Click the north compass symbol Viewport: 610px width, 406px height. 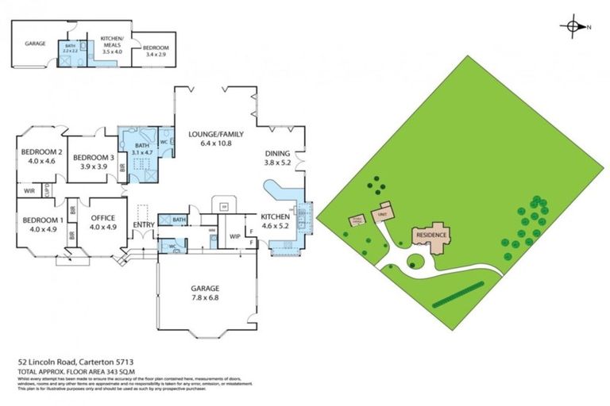(573, 26)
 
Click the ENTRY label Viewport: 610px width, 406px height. (143, 225)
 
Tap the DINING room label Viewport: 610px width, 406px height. (277, 153)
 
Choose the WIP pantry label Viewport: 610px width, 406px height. (235, 236)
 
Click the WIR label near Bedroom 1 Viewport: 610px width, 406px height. (29, 191)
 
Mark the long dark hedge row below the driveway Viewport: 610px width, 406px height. (456, 293)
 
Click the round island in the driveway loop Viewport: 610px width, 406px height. (416, 261)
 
